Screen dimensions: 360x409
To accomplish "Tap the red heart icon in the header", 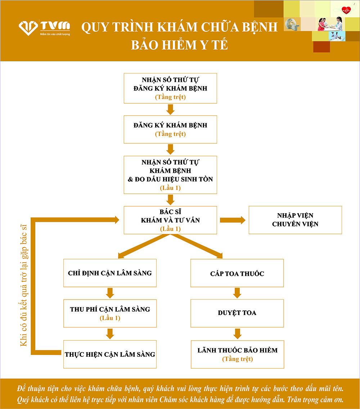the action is pyautogui.click(x=346, y=10).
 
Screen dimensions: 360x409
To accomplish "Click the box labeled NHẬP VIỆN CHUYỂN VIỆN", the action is pyautogui.click(x=295, y=220).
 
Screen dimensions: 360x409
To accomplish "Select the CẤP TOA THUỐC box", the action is pyautogui.click(x=237, y=273).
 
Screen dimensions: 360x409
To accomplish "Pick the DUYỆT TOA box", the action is pyautogui.click(x=237, y=313).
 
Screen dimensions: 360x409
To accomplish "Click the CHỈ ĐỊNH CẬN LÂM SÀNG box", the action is pyautogui.click(x=110, y=273).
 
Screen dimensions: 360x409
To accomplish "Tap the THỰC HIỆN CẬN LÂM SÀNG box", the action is pyautogui.click(x=110, y=354).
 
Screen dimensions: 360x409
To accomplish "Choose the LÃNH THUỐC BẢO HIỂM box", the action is pyautogui.click(x=237, y=354).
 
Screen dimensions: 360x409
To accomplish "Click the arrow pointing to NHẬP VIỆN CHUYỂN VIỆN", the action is pyautogui.click(x=233, y=220).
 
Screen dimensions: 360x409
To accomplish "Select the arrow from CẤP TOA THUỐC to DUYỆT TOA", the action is pyautogui.click(x=237, y=293).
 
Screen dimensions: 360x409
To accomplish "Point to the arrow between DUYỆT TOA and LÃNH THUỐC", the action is pyautogui.click(x=237, y=334).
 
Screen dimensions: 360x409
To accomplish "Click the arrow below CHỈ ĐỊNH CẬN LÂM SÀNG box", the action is pyautogui.click(x=110, y=293).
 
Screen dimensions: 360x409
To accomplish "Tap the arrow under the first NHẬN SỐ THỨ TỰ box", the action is pyautogui.click(x=170, y=109).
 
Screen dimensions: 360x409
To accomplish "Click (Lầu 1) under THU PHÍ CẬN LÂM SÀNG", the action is pyautogui.click(x=110, y=318).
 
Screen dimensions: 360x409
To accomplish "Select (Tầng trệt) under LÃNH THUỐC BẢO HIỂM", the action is pyautogui.click(x=237, y=359).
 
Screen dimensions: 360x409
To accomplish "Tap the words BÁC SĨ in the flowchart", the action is pyautogui.click(x=170, y=212).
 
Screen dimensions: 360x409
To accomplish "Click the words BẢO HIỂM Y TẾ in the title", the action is pyautogui.click(x=180, y=45).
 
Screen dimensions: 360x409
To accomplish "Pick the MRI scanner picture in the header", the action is pyautogui.click(x=292, y=24).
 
